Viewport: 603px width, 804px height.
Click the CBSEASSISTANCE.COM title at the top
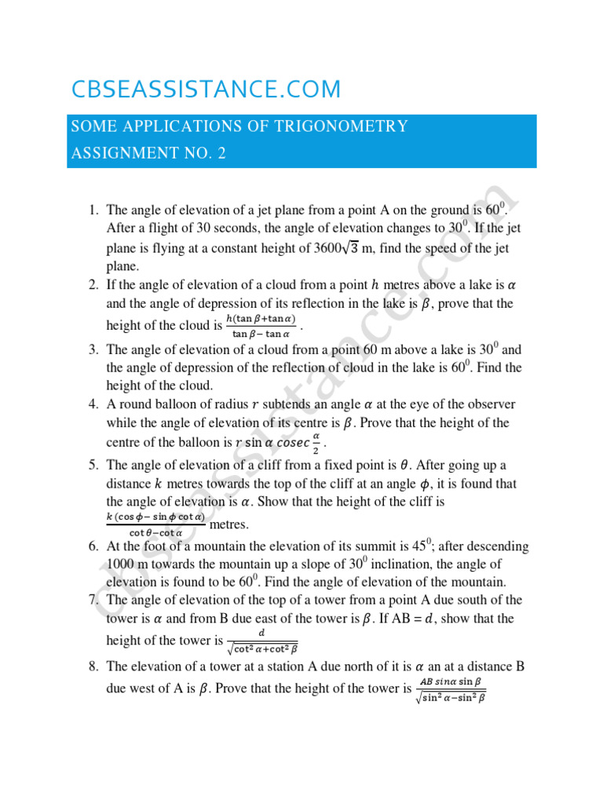pyautogui.click(x=206, y=90)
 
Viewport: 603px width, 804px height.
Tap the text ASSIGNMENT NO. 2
pyautogui.click(x=148, y=153)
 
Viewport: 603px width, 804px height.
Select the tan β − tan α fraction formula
pyautogui.click(x=261, y=325)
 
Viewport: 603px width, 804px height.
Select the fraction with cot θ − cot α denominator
pyautogui.click(x=155, y=524)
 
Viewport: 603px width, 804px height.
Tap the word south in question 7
pyautogui.click(x=489, y=600)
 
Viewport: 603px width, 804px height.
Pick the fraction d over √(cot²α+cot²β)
pyautogui.click(x=261, y=641)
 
